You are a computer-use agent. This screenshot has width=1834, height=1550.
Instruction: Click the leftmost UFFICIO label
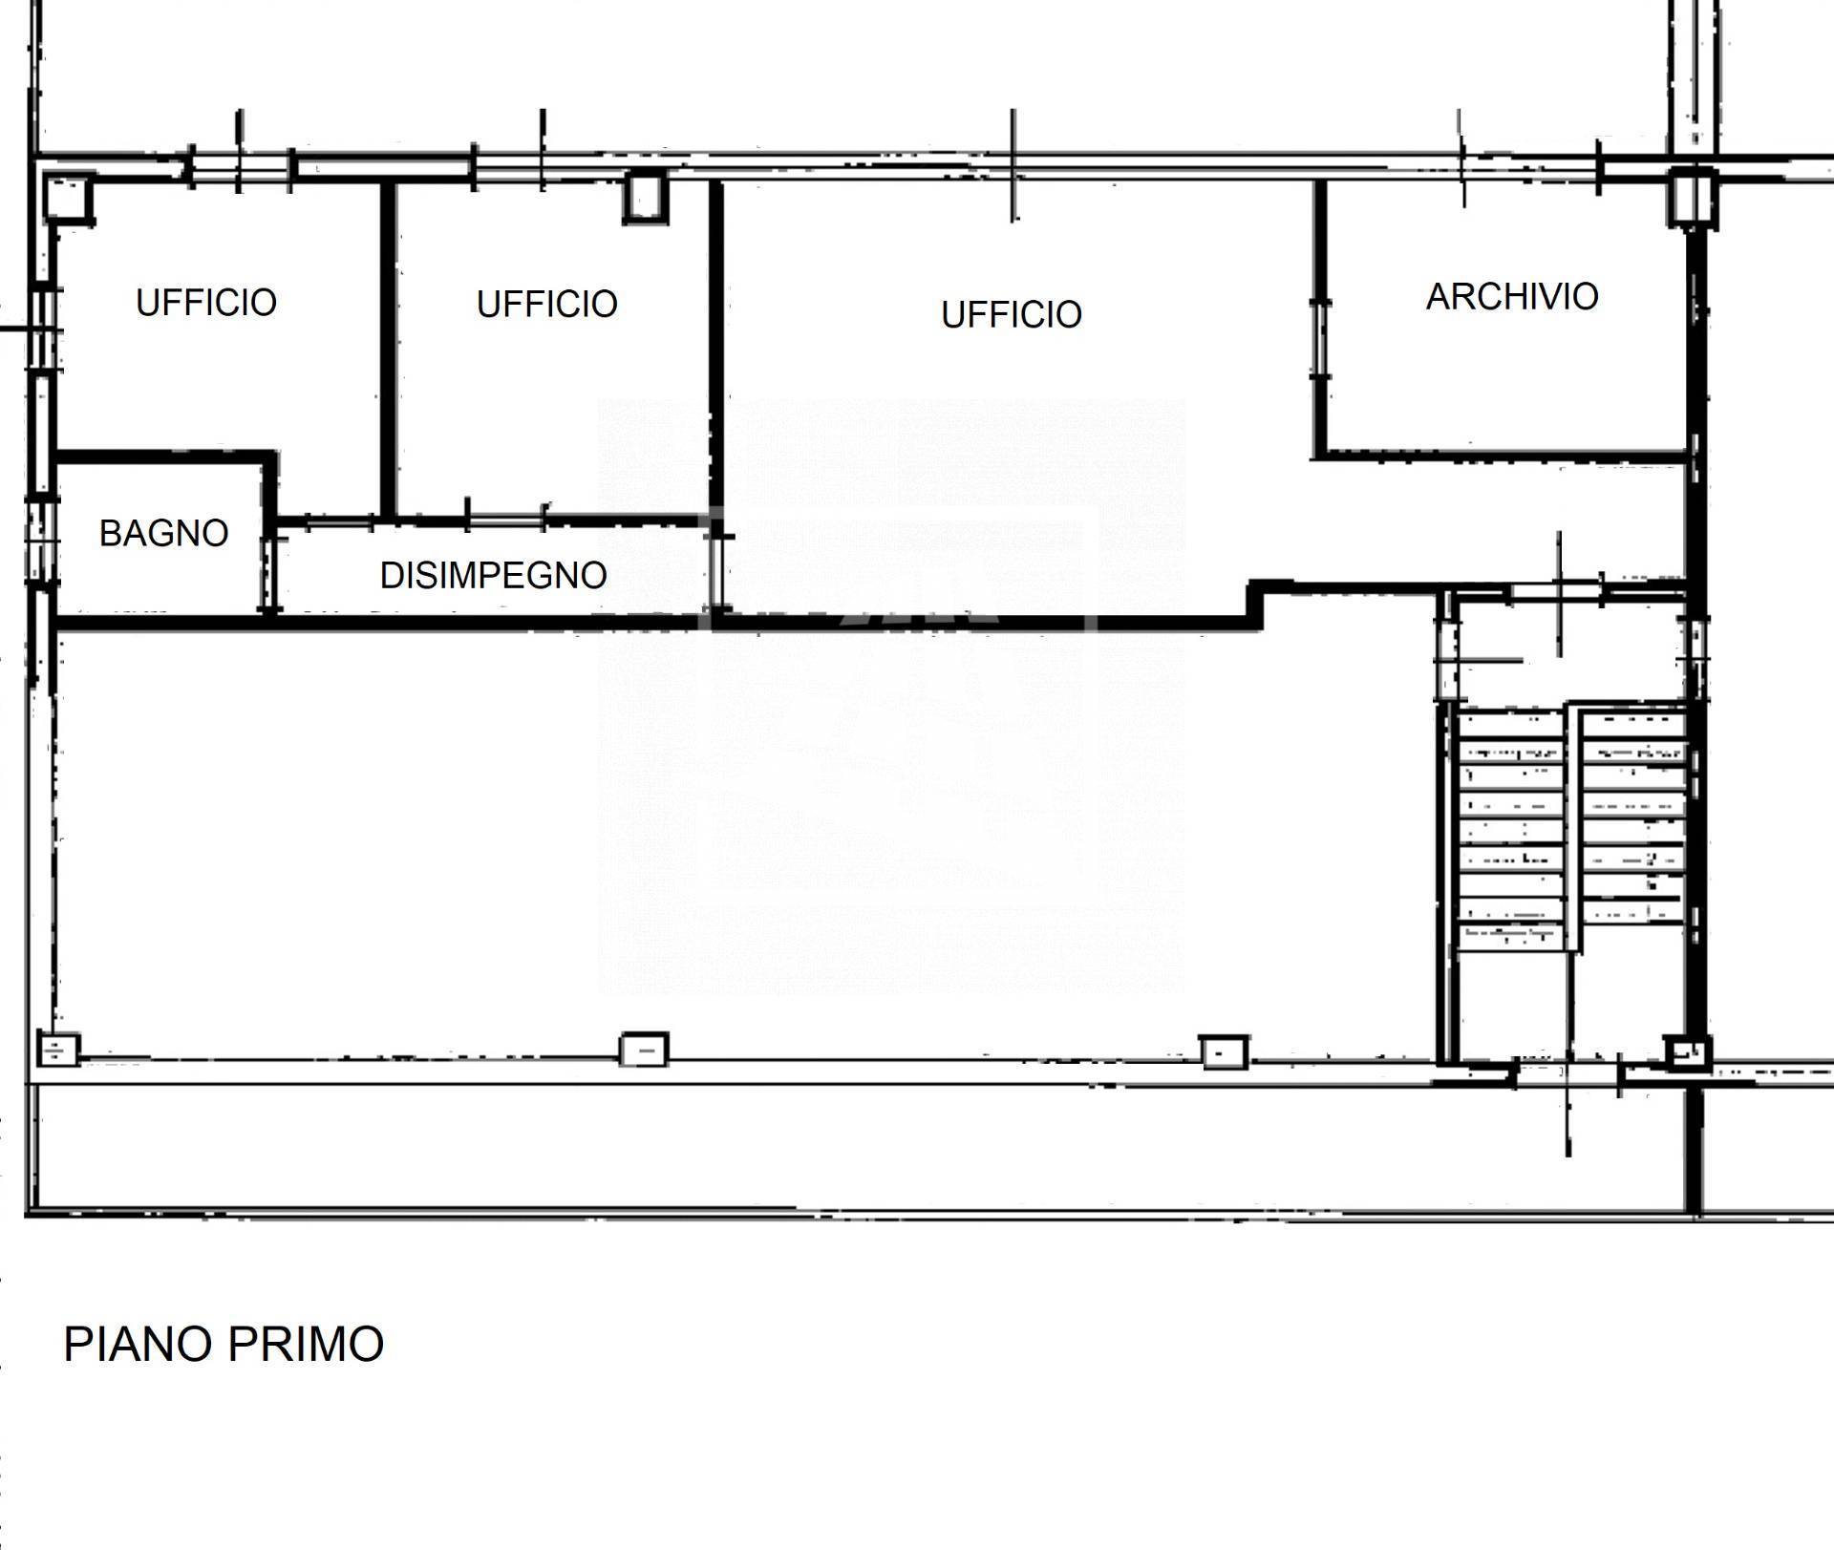tap(206, 303)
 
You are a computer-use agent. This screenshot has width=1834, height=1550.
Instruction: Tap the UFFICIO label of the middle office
tap(547, 305)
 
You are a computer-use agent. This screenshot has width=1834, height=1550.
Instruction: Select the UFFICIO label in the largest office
tap(1012, 315)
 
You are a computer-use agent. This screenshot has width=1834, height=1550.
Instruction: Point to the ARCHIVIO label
tap(1512, 297)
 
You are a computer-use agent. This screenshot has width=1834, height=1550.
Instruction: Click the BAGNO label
tap(164, 534)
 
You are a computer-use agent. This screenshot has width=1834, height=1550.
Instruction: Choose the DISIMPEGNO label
tap(494, 576)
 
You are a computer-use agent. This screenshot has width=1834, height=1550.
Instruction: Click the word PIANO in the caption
tap(138, 1344)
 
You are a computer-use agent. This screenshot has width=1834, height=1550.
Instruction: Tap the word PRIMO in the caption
tap(306, 1344)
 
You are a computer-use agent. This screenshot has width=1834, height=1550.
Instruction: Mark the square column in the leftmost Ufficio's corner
tap(69, 198)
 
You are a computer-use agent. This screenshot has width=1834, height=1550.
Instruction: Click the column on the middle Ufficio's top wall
tap(644, 196)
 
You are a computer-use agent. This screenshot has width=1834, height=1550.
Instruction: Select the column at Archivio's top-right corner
tap(1692, 198)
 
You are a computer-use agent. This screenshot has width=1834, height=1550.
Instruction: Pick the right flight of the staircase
tap(1631, 816)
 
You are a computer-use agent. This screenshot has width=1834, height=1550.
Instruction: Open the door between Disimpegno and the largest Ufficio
tap(715, 571)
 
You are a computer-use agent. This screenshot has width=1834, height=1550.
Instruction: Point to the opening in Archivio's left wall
tap(1320, 340)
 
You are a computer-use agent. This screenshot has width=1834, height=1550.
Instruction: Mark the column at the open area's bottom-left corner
tap(57, 1050)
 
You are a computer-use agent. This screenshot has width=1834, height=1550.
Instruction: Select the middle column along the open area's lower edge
tap(644, 1050)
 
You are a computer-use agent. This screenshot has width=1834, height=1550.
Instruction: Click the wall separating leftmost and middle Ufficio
tap(387, 350)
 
